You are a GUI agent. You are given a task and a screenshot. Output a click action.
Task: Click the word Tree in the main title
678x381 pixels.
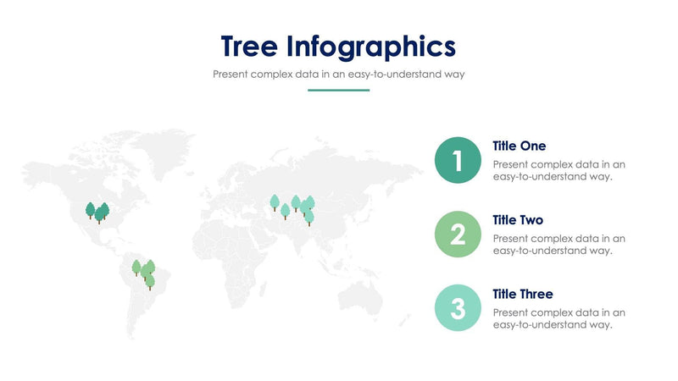point(249,45)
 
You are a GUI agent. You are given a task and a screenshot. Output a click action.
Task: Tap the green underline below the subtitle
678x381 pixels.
point(338,90)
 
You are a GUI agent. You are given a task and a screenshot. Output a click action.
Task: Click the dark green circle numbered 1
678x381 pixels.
point(458,160)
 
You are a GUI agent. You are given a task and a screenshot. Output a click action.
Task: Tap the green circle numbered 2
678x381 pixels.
point(458,235)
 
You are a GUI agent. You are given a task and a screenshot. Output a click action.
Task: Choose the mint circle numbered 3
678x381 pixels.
point(458,307)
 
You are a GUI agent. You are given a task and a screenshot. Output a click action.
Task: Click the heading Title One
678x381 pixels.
point(519,146)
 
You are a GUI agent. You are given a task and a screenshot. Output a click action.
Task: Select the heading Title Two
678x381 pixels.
point(519,220)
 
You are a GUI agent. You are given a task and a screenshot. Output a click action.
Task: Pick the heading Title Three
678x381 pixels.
point(522,294)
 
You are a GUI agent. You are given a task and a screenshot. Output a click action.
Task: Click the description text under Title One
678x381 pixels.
point(559,171)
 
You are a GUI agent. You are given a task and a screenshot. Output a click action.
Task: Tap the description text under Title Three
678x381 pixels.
point(559,318)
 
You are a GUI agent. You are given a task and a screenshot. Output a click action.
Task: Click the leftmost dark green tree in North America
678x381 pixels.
point(90,209)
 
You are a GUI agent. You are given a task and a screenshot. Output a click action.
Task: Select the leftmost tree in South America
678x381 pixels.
point(136,268)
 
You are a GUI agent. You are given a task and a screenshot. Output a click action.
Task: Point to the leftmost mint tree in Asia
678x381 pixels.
point(275,202)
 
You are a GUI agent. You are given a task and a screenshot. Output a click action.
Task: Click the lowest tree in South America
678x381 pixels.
point(150,281)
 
